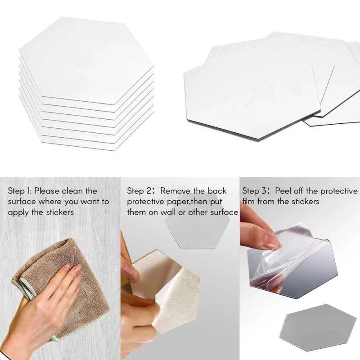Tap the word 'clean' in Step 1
point(72,191)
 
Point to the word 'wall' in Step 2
point(168,212)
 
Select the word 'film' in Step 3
point(249,201)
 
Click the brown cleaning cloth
point(62,275)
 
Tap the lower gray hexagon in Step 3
point(318,327)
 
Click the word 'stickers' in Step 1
point(60,212)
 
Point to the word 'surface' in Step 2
point(224,212)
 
